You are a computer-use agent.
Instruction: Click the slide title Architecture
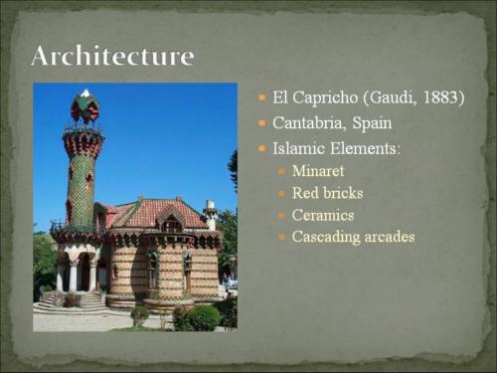(x=112, y=55)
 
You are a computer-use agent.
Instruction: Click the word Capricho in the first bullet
(x=326, y=98)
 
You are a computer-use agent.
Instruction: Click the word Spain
(x=372, y=124)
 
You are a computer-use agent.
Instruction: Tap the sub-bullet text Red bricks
(x=327, y=193)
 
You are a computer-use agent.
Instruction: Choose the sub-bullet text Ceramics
(x=323, y=215)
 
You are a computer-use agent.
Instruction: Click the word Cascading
(x=326, y=237)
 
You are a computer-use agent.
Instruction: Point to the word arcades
(x=390, y=237)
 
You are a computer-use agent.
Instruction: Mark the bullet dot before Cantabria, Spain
(x=261, y=124)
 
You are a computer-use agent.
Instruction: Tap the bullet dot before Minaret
(x=282, y=171)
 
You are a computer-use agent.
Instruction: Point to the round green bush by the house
(x=203, y=317)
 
